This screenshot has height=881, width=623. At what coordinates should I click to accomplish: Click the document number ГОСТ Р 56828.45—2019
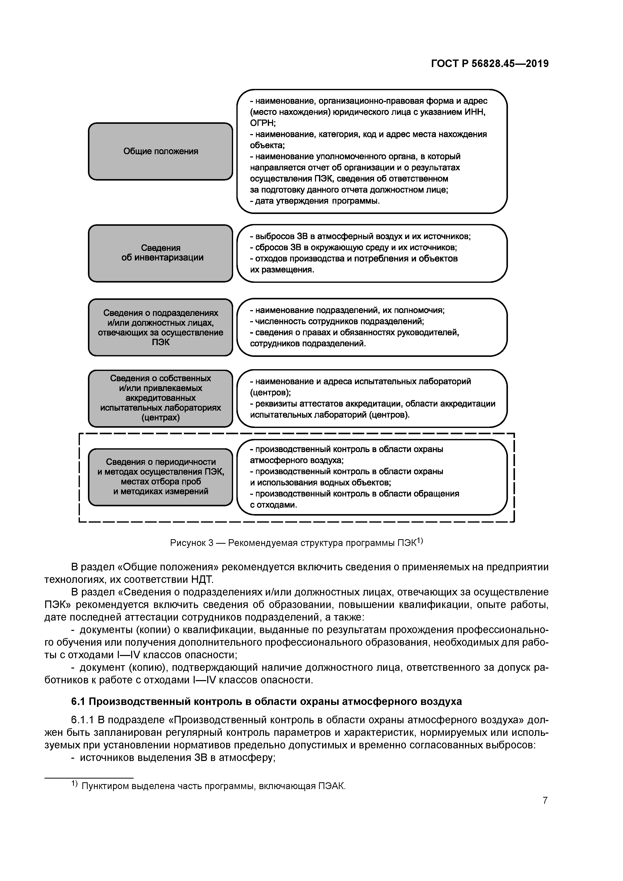(x=489, y=64)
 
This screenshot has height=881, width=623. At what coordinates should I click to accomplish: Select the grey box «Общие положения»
(x=161, y=151)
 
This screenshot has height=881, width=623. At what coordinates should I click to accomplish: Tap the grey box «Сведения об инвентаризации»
(x=161, y=253)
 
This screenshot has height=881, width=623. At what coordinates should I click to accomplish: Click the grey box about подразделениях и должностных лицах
(x=161, y=327)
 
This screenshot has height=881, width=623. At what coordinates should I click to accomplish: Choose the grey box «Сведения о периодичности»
(x=161, y=477)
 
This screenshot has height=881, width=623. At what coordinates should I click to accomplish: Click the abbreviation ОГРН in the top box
(x=263, y=123)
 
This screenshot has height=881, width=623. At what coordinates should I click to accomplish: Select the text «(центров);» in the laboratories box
(x=270, y=393)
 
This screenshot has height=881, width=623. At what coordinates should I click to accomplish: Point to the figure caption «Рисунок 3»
(x=191, y=543)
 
